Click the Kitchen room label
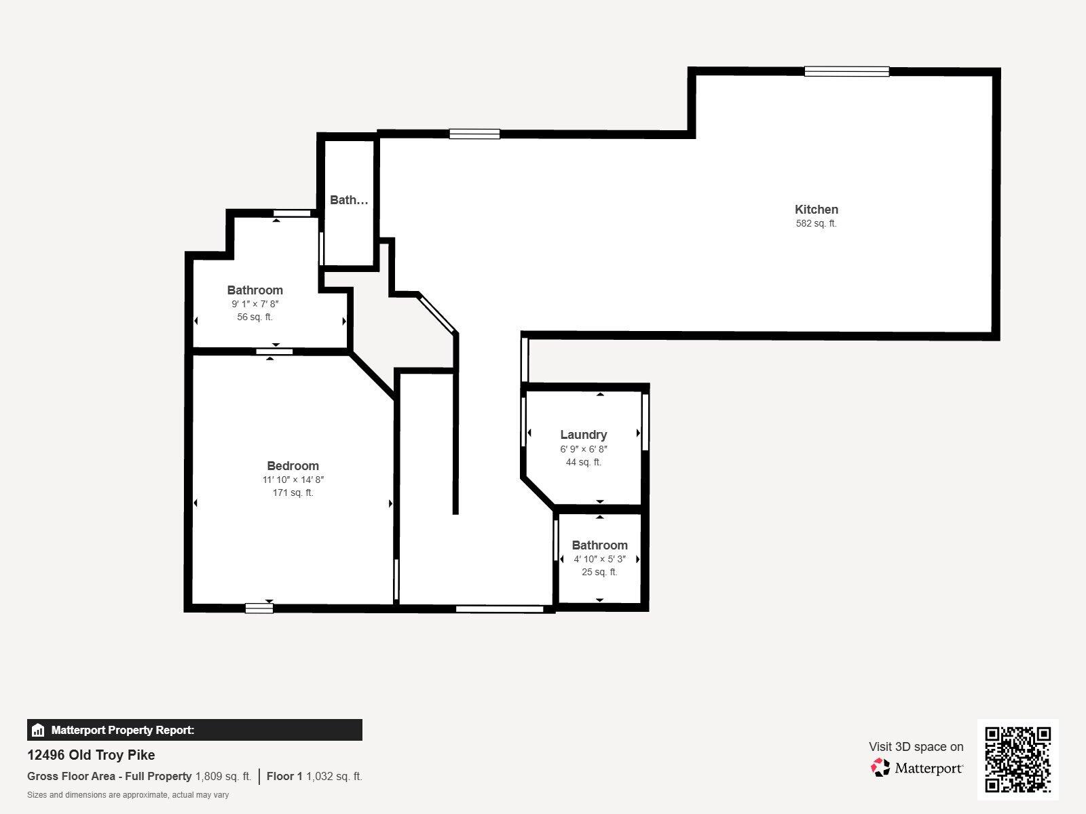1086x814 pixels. point(817,210)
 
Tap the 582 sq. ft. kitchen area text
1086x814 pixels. point(817,223)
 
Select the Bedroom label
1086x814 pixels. point(293,466)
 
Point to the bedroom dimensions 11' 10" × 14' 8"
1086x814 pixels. point(293,480)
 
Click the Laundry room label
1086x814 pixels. point(584,435)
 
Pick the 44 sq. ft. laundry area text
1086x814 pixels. point(584,462)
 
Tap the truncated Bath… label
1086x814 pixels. point(350,200)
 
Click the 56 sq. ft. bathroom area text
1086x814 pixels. point(255,317)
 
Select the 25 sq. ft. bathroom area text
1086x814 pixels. point(599,572)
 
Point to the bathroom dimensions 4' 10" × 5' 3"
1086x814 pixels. point(599,559)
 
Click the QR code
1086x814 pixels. point(1017,759)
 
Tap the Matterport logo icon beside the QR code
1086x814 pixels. point(880,768)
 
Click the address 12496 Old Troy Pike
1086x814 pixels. point(91,755)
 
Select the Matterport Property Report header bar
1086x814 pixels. point(194,730)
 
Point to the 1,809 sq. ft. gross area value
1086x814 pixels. point(223,777)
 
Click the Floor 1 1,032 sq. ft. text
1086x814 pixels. point(314,777)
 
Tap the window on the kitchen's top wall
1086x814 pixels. point(846,72)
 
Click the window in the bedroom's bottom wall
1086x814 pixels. point(259,608)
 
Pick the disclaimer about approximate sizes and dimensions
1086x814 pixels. point(128,795)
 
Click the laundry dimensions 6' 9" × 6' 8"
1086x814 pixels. point(584,449)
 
